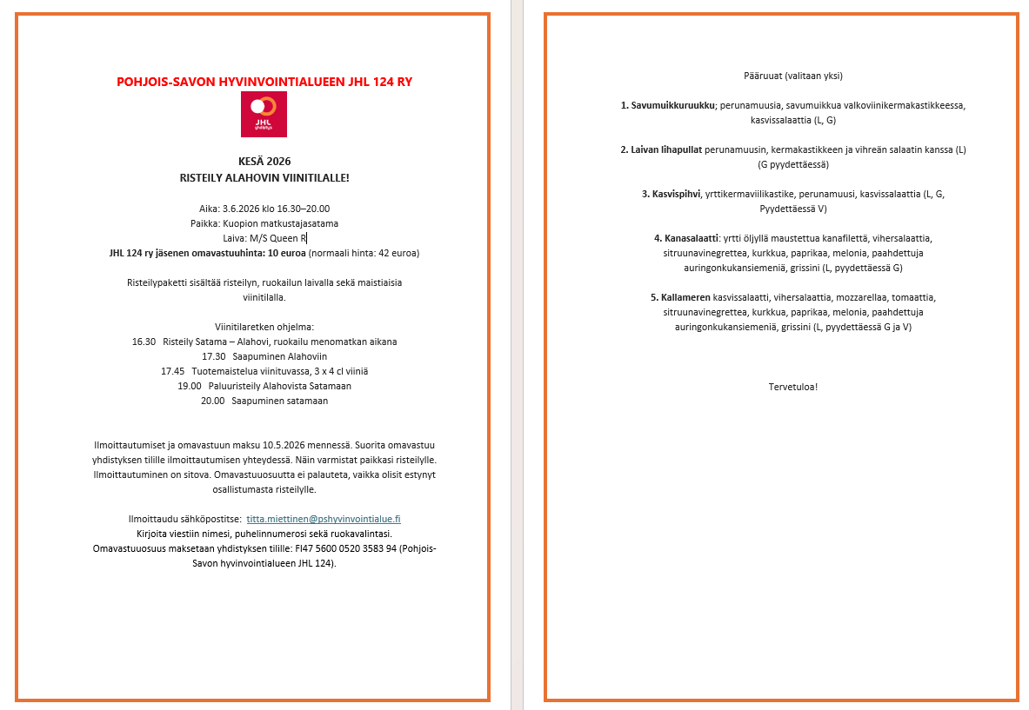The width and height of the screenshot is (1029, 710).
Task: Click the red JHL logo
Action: (264, 114)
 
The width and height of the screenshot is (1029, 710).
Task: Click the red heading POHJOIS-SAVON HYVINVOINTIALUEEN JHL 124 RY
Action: (264, 82)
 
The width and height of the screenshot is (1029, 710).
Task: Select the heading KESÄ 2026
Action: (264, 162)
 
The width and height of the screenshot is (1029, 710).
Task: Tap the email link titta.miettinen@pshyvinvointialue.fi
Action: (324, 519)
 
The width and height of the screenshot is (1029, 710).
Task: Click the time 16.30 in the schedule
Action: (144, 342)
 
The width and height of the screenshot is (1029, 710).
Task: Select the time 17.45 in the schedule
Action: (172, 371)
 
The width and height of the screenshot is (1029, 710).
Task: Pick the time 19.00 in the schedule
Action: (189, 386)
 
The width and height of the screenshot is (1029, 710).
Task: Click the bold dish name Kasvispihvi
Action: (676, 194)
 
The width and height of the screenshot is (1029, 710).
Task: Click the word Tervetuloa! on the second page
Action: (792, 387)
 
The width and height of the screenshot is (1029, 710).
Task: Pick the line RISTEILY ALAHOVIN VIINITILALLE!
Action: (264, 177)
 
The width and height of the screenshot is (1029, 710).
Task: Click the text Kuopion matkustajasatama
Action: (280, 223)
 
